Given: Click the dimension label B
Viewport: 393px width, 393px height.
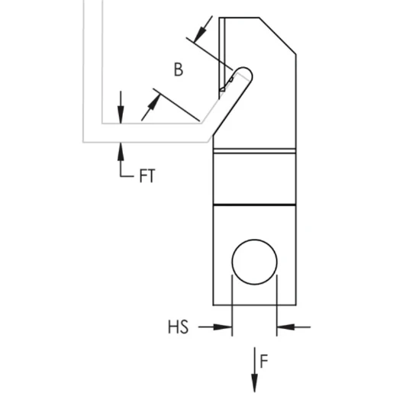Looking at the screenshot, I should (x=178, y=69).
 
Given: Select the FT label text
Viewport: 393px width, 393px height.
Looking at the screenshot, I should (x=147, y=176).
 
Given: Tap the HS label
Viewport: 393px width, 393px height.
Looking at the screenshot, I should (x=178, y=327).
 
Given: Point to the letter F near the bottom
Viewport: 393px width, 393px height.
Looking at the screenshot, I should (x=263, y=360).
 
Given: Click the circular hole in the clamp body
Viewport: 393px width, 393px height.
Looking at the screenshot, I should (x=255, y=263).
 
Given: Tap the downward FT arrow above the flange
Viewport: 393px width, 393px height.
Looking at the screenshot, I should (x=121, y=111).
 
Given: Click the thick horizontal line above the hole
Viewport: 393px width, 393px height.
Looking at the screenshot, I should (x=254, y=205).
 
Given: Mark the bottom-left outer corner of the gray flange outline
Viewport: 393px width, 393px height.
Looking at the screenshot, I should (x=84, y=142).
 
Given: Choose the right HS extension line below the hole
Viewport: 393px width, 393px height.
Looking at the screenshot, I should (x=277, y=301).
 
